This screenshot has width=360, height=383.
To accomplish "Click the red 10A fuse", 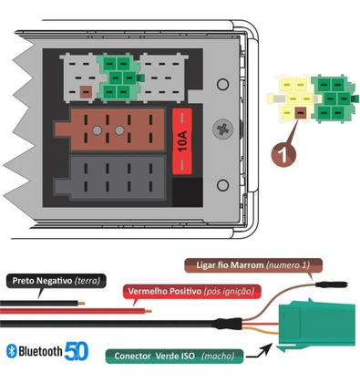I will (181, 141).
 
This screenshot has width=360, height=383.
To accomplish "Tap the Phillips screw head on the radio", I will (220, 130).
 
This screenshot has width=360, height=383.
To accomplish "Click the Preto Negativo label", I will (56, 280).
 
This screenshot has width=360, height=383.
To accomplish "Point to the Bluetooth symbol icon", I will (12, 351).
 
